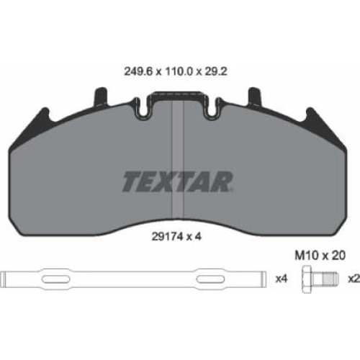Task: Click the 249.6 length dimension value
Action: point(138,71)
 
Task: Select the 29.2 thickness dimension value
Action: point(215,71)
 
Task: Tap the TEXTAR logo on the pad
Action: point(177,181)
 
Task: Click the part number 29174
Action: point(166,237)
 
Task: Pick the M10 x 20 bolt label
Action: point(320,256)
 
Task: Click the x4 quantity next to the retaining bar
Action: point(282,279)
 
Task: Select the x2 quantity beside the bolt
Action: point(354,279)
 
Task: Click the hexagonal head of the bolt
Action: point(307,279)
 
